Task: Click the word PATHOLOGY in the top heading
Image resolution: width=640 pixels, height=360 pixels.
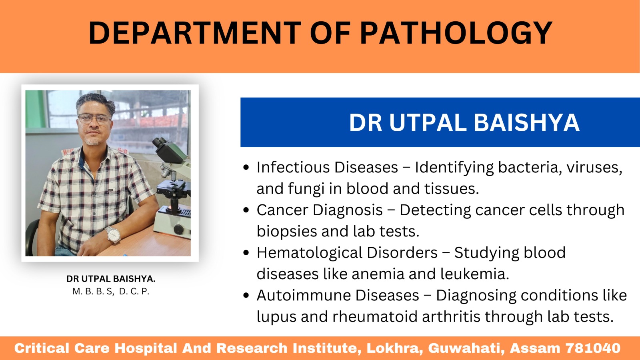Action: click(x=456, y=33)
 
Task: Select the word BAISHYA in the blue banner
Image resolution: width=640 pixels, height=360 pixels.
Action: click(x=526, y=123)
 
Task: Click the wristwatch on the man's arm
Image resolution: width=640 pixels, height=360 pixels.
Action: click(x=113, y=234)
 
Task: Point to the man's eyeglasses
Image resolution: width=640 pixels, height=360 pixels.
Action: click(x=94, y=119)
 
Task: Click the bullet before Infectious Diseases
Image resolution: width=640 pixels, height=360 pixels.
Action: click(x=246, y=168)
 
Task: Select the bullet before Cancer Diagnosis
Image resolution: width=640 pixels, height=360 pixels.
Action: click(x=246, y=210)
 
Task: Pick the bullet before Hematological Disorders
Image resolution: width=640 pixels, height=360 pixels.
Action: click(x=246, y=253)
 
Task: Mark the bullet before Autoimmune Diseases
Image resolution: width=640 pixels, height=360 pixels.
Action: click(x=246, y=296)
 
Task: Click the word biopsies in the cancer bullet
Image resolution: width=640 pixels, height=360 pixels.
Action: click(x=287, y=232)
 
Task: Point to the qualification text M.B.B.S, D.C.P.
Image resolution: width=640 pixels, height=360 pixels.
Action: click(x=111, y=292)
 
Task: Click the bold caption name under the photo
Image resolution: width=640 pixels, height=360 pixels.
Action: click(x=111, y=279)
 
